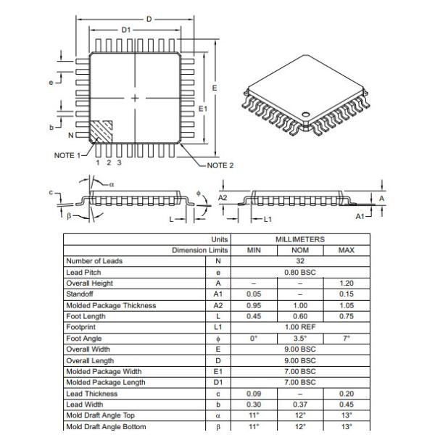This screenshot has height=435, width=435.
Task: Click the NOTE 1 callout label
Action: [70, 155]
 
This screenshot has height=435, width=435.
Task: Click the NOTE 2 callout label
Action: [220, 165]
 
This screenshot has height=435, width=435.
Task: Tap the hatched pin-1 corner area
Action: [101, 130]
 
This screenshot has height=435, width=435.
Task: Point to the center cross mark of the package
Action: [135, 97]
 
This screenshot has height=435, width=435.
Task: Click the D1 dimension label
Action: [126, 30]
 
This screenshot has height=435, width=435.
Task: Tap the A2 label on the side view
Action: [223, 197]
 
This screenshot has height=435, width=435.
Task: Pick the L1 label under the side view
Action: [267, 218]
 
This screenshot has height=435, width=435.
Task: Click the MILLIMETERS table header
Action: [299, 239]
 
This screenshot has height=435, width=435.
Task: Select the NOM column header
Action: [299, 250]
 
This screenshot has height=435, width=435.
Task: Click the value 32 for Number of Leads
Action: [299, 261]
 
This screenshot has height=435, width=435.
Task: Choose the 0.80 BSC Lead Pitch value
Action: [299, 272]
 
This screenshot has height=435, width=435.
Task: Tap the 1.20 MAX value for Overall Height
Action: [347, 283]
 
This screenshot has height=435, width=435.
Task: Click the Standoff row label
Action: [79, 294]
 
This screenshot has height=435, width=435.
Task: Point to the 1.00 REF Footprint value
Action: [299, 327]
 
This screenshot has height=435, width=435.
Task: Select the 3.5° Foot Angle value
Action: [299, 339]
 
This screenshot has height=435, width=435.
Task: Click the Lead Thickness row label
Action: [89, 394]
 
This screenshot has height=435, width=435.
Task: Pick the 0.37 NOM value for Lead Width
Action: [299, 405]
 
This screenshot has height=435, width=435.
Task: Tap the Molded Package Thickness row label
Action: [110, 305]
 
